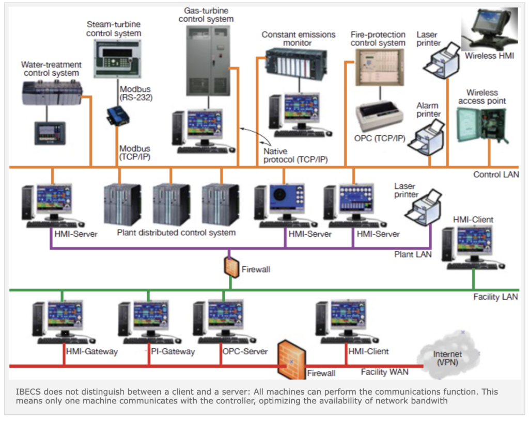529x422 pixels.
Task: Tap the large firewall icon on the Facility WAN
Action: click(x=291, y=358)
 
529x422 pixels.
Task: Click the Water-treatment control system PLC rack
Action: click(x=52, y=93)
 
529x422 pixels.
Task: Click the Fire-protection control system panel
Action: click(x=379, y=67)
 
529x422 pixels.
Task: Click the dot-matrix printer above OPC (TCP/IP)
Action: click(x=379, y=116)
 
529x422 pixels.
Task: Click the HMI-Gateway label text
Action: click(x=92, y=351)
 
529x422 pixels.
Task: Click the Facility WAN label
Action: click(x=384, y=372)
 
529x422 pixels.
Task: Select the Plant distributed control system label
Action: click(x=176, y=233)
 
